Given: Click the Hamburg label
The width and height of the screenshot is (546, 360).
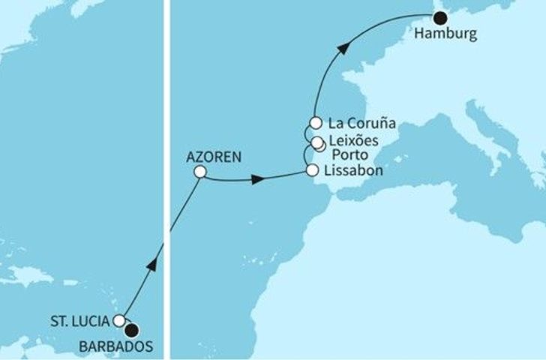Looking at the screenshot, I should pyautogui.click(x=445, y=34).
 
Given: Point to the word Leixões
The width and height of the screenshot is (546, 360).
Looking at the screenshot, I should pyautogui.click(x=355, y=140).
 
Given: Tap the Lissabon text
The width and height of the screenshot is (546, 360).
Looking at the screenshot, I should pyautogui.click(x=355, y=171).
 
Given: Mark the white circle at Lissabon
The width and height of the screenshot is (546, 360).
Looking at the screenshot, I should pyautogui.click(x=312, y=171).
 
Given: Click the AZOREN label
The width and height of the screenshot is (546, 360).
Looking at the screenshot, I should pyautogui.click(x=208, y=158).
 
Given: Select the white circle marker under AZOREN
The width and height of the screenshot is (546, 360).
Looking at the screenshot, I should pyautogui.click(x=199, y=172).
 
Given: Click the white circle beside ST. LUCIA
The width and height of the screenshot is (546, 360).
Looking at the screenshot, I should pyautogui.click(x=120, y=321).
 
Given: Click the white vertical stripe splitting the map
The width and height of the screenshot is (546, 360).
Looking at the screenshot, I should pyautogui.click(x=168, y=180).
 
